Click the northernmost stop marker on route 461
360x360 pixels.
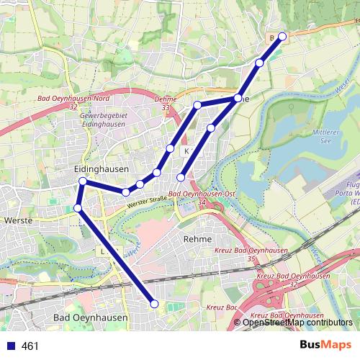point(282,36)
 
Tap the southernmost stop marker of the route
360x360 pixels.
point(154,304)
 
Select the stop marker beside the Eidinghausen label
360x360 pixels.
point(83,181)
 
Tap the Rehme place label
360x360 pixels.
point(197,238)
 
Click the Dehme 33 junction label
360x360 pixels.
point(166,105)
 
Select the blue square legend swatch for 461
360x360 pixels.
point(9,346)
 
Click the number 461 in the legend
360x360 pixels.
point(30,346)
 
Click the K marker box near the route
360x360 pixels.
point(186,151)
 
